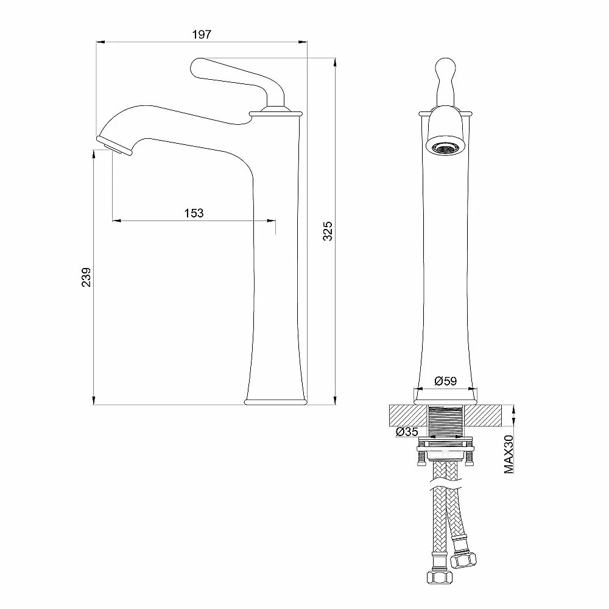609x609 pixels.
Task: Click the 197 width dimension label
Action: [202, 35]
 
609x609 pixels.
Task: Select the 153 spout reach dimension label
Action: [194, 213]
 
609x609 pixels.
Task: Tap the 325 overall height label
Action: [328, 231]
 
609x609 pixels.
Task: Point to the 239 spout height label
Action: [86, 277]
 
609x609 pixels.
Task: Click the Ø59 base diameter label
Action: [446, 381]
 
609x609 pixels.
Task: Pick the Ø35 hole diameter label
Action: [407, 432]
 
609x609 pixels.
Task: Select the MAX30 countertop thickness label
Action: [509, 454]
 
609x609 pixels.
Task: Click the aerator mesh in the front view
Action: [445, 147]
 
